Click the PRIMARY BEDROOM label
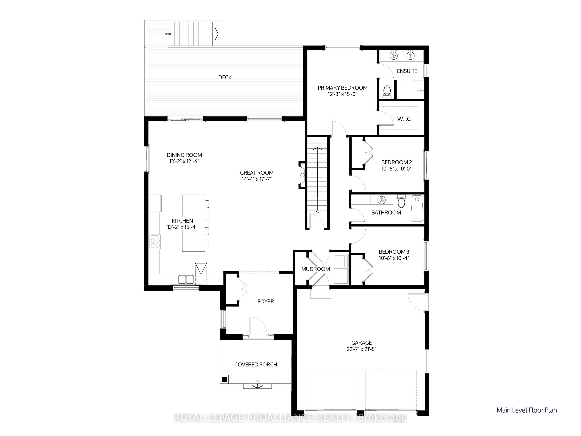pos(342,88)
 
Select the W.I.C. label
pos(404,119)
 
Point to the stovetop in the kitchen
pos(155,242)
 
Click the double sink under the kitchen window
pos(186,279)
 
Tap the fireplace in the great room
pos(302,175)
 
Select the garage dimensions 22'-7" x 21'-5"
pos(361,349)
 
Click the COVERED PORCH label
pos(256,364)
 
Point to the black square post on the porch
pos(224,379)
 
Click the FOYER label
pos(265,301)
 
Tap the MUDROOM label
pos(316,269)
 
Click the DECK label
pos(225,77)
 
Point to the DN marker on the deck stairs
pos(167,34)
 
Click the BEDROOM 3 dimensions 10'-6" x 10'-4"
pos(394,258)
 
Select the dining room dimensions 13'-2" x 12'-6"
pos(184,162)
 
